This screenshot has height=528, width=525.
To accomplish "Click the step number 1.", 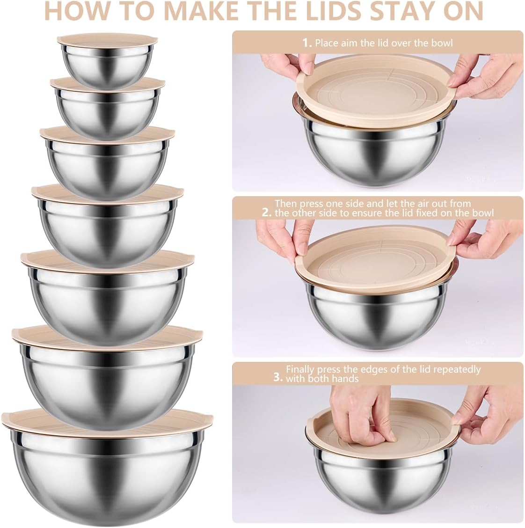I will click(306, 43).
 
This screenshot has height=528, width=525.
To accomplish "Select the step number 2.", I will click(267, 213).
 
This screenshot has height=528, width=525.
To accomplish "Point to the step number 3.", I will click(278, 377).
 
